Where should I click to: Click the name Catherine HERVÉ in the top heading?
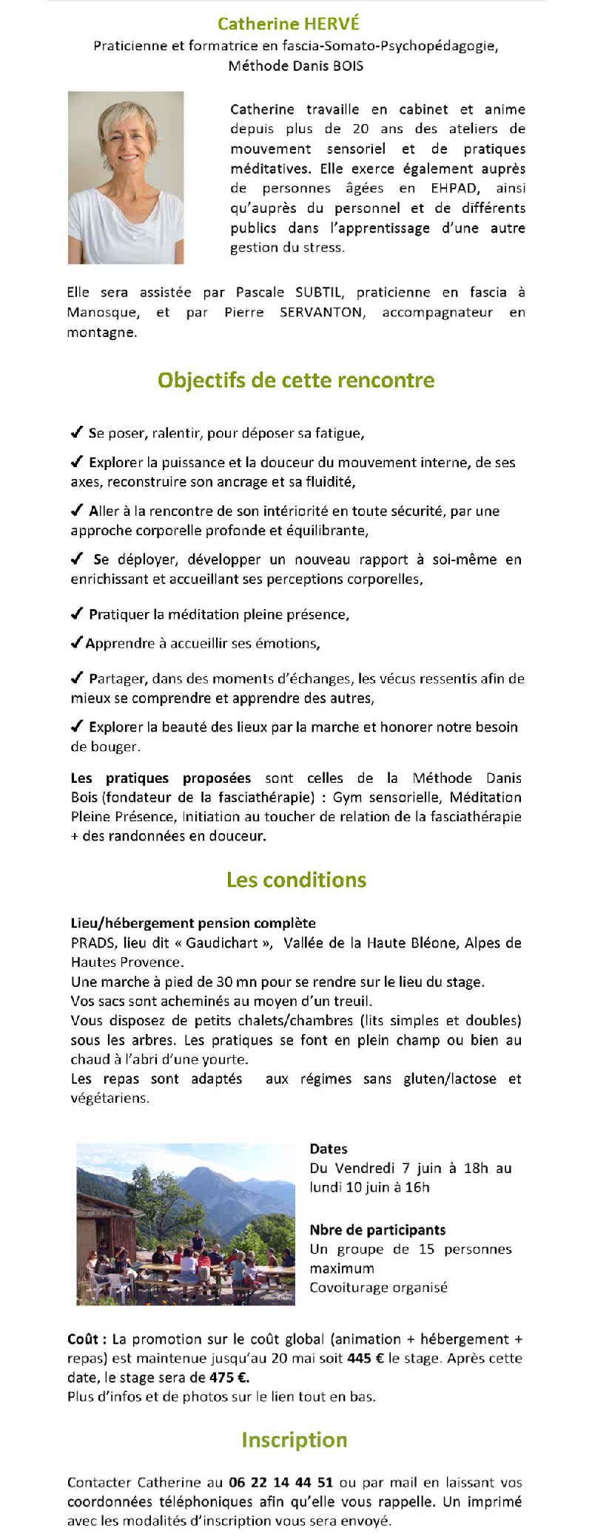coord(288,24)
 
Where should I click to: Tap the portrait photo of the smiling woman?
coord(126,177)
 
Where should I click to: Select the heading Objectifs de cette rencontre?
coord(296,380)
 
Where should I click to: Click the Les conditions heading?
coord(296,880)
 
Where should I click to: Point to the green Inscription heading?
coord(295,1439)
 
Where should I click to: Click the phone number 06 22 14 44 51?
coord(280,1482)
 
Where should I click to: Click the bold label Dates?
coord(329,1149)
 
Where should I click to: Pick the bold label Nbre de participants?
coord(377,1230)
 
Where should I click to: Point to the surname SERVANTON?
coord(322,312)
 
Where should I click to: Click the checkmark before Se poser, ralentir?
coord(76,432)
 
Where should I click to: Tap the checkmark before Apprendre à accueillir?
coord(76,643)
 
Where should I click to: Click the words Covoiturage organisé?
coord(378,1287)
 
